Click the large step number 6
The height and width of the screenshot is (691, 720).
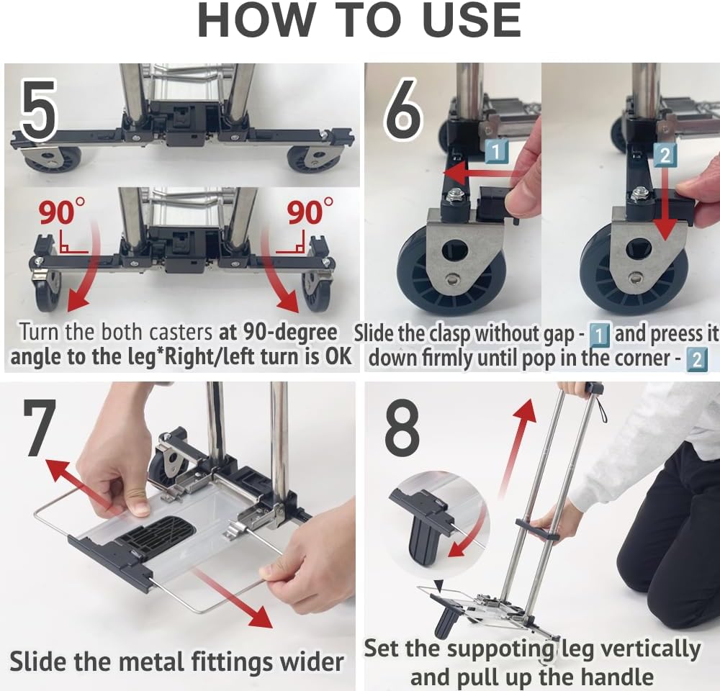point(402,110)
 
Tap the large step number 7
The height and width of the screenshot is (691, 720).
point(40,427)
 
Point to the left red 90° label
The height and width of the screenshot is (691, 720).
point(61,211)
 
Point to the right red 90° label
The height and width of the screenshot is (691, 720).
point(310,211)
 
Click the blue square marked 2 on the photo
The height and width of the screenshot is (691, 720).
point(665,155)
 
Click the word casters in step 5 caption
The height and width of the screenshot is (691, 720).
point(181,333)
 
